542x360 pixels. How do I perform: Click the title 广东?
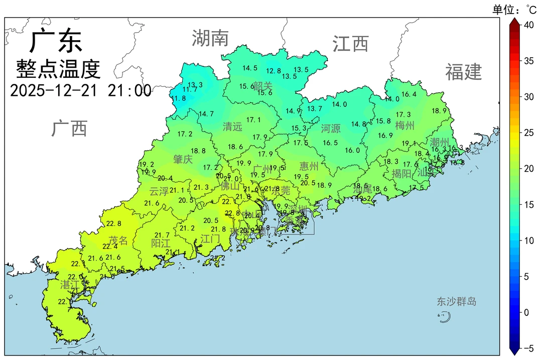(x=56, y=41)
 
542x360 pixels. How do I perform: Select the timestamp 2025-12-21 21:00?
(x=80, y=90)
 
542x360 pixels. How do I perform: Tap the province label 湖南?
(x=210, y=38)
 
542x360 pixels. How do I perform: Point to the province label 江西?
(x=350, y=44)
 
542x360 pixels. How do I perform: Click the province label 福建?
(x=463, y=72)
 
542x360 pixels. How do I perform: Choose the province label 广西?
(x=69, y=129)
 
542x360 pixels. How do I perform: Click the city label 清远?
(x=232, y=127)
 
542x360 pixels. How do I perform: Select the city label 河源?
(x=331, y=129)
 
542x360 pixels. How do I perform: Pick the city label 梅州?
(x=405, y=125)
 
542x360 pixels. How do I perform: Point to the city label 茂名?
(x=118, y=241)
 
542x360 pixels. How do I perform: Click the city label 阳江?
(x=161, y=244)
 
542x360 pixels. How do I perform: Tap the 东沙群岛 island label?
(x=456, y=301)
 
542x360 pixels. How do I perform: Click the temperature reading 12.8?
(x=274, y=71)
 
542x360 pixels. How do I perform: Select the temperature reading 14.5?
(x=250, y=68)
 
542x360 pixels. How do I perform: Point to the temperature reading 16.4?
(x=409, y=94)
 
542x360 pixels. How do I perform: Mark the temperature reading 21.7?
(x=162, y=235)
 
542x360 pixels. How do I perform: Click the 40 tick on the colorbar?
(x=529, y=25)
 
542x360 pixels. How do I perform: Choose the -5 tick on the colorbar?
(x=529, y=348)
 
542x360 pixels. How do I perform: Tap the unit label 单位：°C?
(x=514, y=9)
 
